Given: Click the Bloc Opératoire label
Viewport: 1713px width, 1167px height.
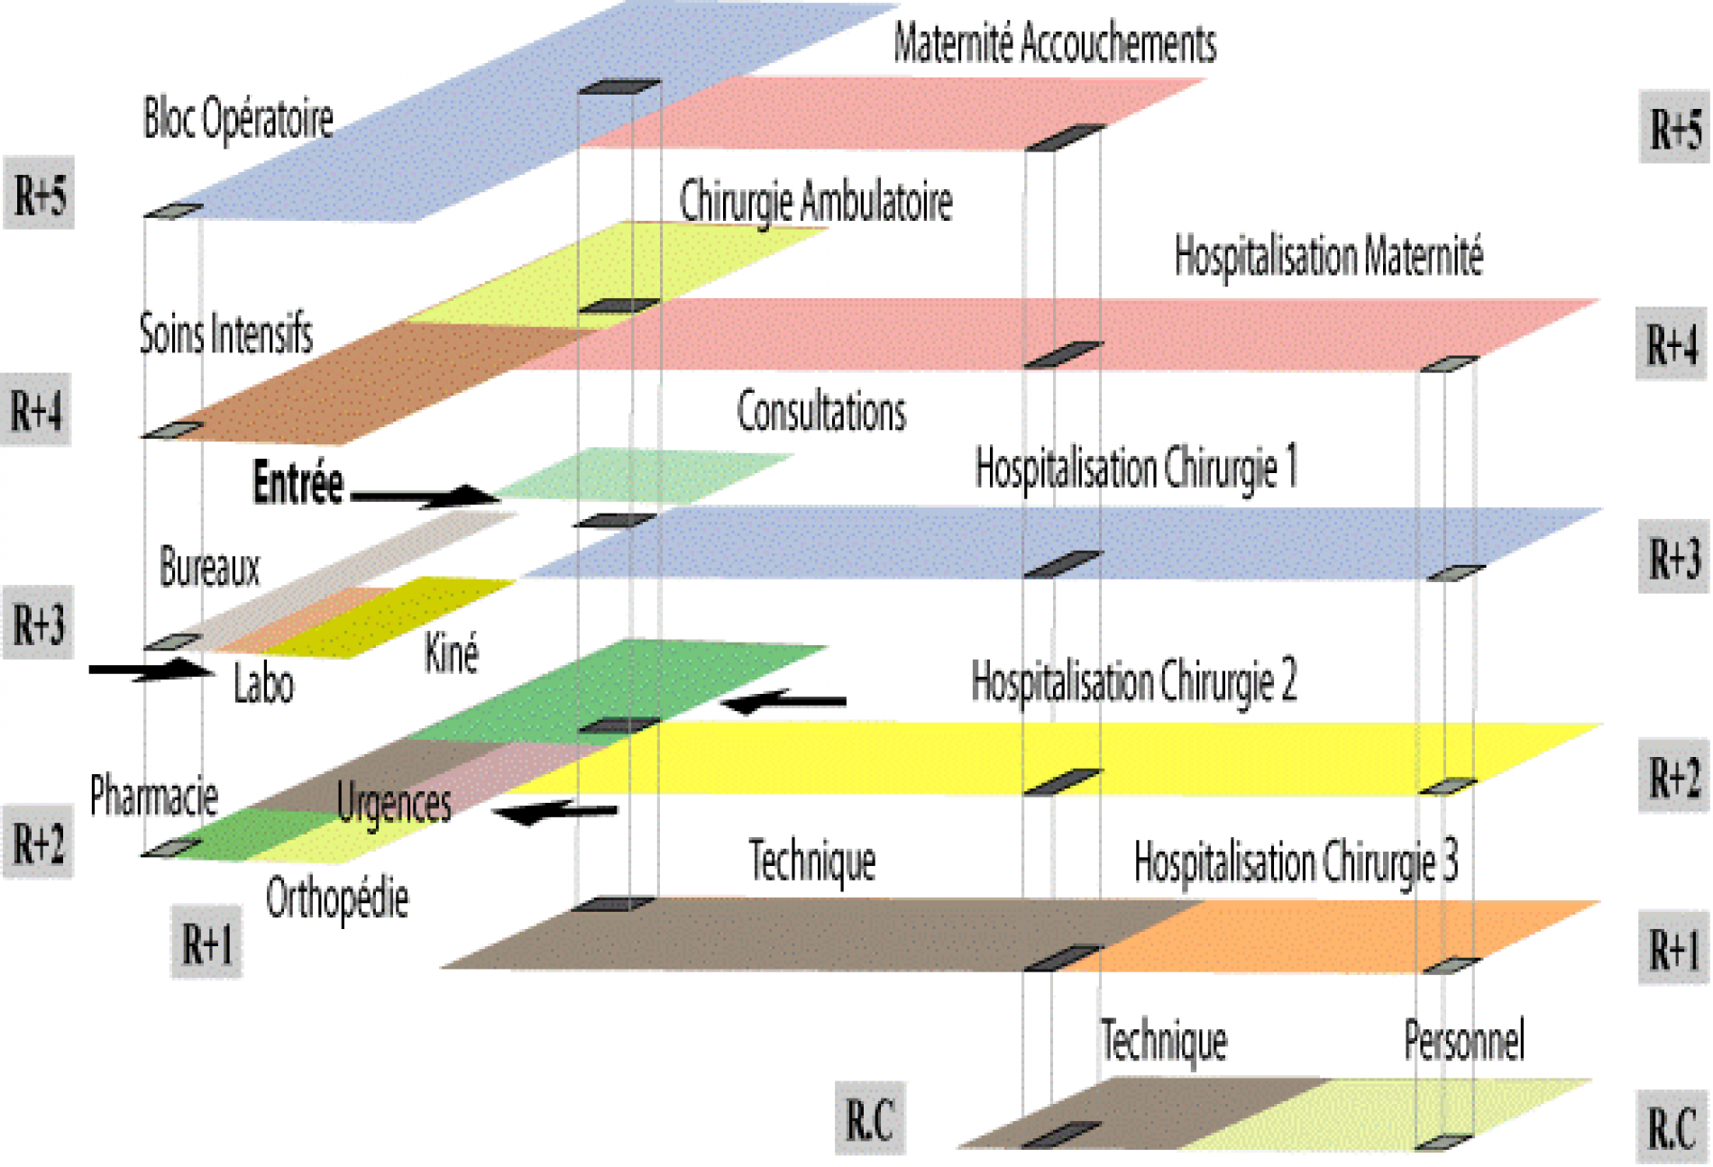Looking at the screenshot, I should point(238,118).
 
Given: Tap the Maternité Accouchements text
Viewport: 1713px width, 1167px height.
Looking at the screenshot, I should point(1054,43).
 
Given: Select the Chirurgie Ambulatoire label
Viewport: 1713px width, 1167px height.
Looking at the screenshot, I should point(815,200).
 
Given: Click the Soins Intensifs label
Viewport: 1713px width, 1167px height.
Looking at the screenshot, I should point(225,333).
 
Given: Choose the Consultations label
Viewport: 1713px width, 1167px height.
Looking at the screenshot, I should point(821,412).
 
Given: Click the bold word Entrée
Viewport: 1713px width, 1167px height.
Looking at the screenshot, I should point(298,483).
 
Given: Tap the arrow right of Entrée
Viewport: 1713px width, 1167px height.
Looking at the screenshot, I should point(424,496).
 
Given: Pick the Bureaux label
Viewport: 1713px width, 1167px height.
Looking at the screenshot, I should point(209,567).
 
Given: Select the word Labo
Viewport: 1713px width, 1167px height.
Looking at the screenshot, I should point(263,683).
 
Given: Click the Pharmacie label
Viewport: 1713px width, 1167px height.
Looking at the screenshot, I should point(153,796).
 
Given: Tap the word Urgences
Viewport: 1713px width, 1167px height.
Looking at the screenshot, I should point(393,802).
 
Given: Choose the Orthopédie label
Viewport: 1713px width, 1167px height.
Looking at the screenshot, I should point(336,898).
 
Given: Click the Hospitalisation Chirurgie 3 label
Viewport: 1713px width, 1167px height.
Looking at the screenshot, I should point(1296,862).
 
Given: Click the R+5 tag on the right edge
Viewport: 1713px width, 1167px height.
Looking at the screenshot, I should point(1674,128).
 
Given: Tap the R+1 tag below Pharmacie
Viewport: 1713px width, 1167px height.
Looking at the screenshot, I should point(207,943).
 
